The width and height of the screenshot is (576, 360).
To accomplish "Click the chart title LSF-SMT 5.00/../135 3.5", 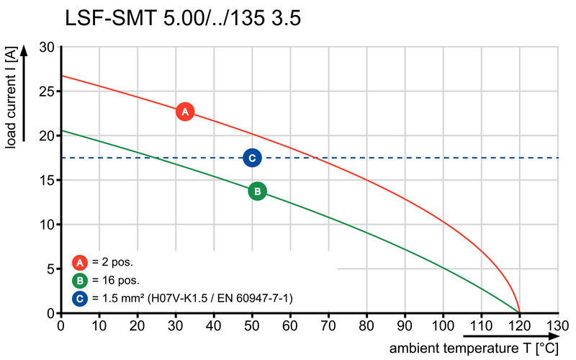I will [x=182, y=18].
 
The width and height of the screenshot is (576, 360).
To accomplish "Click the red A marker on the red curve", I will [x=185, y=112].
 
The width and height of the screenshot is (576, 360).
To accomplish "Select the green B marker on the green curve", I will [x=257, y=191].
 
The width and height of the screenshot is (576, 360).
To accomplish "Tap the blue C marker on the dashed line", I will [x=252, y=158].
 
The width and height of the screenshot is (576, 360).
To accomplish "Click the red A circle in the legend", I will [x=81, y=262].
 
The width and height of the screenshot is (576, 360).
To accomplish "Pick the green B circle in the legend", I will [x=81, y=280].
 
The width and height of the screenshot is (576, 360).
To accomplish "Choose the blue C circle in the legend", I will [x=81, y=297].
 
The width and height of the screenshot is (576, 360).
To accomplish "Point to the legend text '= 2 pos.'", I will [x=113, y=262].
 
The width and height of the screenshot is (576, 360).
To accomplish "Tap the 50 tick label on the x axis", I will [x=252, y=325].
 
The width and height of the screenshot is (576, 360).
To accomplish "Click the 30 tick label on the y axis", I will [x=47, y=47].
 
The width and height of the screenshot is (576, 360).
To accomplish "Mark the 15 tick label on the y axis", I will [x=47, y=180].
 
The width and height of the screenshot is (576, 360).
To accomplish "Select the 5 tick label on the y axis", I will [x=50, y=269].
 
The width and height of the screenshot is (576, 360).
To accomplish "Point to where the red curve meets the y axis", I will [x=61, y=76].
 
